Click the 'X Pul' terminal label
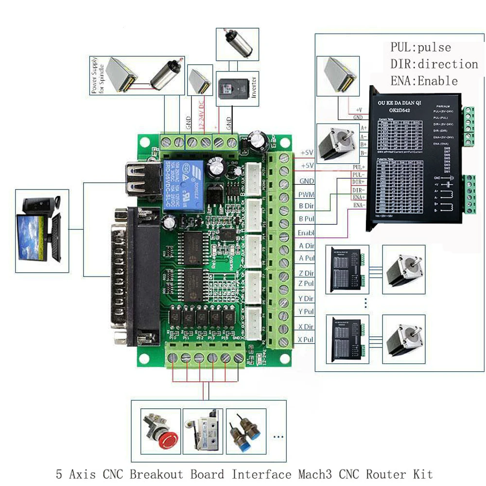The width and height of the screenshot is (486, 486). click(x=306, y=340)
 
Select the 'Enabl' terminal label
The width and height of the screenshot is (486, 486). click(x=306, y=233)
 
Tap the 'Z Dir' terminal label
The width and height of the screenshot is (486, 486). click(x=306, y=274)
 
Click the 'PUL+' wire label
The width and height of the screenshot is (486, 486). click(x=359, y=167)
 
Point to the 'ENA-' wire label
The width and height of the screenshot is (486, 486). click(x=359, y=206)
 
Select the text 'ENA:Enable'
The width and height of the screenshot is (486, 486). click(x=424, y=81)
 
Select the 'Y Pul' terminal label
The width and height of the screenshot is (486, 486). click(x=306, y=312)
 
